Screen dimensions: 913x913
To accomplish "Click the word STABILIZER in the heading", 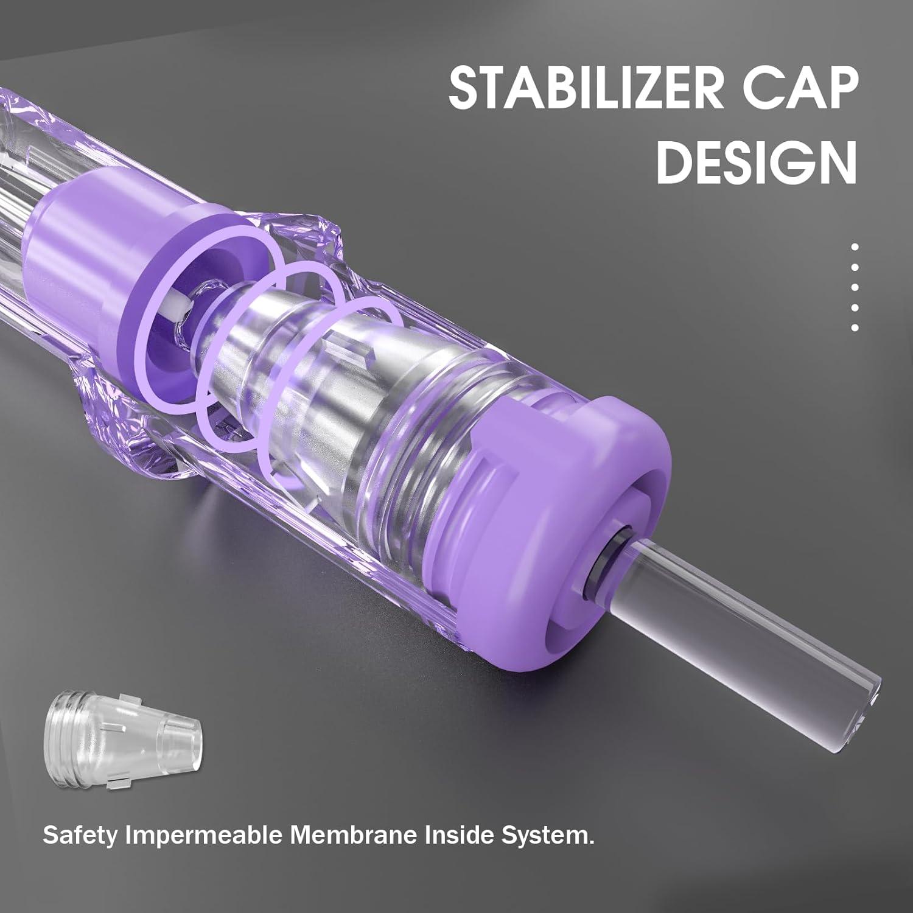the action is [584, 89].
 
